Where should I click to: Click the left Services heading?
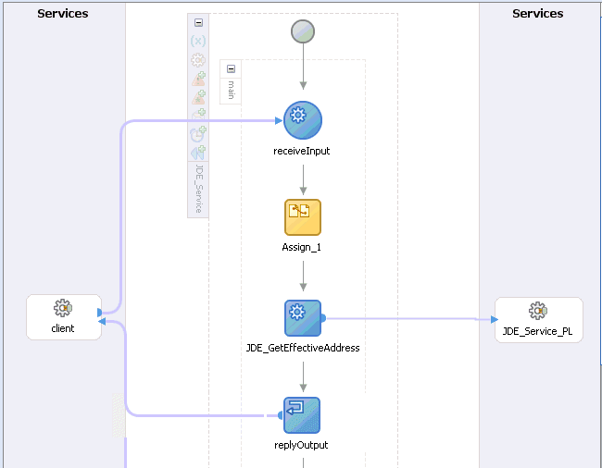point(63,14)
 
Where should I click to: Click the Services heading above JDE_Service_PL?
point(537,14)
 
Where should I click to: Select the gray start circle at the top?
point(303,31)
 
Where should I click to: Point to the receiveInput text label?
point(302,151)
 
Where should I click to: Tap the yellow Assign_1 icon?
point(302,217)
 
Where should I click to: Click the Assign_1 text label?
point(302,248)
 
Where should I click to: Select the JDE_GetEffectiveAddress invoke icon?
point(302,318)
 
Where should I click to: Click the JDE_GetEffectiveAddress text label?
point(303,349)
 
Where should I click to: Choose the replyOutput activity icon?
point(302,415)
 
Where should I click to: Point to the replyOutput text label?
point(302,445)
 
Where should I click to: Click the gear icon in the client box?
point(63,308)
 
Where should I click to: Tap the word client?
point(63,328)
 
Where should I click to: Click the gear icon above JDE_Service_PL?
point(537,311)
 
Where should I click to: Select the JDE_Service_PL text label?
point(538,331)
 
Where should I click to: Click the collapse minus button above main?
point(231,68)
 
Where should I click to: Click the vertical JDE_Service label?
point(198,191)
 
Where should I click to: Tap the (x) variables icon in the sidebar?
point(198,41)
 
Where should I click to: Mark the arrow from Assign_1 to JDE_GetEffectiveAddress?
point(303,276)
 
